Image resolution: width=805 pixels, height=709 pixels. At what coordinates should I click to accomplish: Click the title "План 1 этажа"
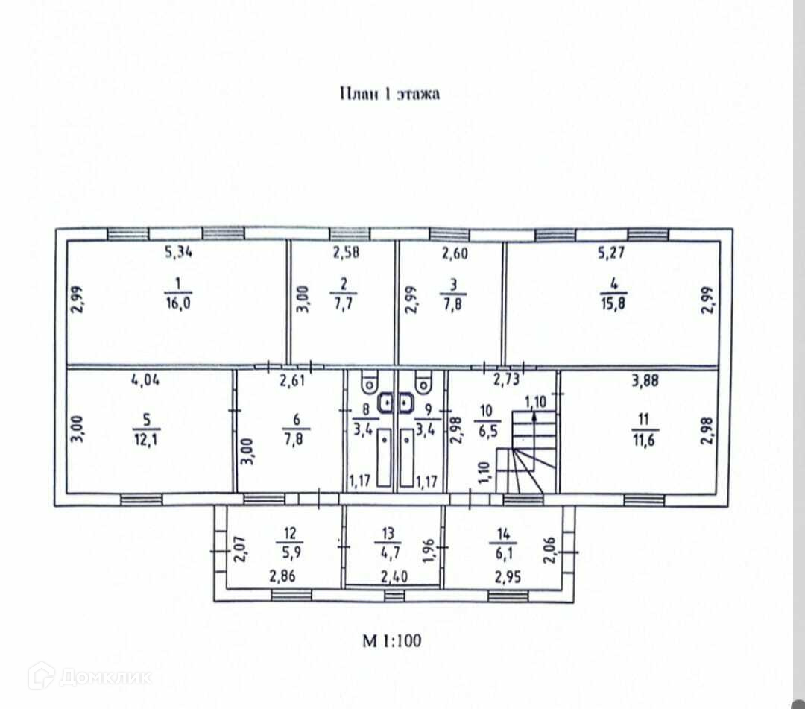tap(389, 94)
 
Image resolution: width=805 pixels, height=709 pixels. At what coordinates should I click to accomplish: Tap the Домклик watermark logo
tap(89, 676)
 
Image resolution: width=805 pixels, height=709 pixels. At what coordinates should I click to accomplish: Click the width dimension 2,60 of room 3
tap(455, 253)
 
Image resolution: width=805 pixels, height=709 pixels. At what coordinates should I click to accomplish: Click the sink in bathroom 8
tap(388, 403)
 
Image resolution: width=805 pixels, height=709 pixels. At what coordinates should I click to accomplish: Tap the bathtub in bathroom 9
tap(408, 458)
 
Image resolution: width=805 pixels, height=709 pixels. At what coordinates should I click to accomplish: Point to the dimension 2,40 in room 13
tap(394, 576)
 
